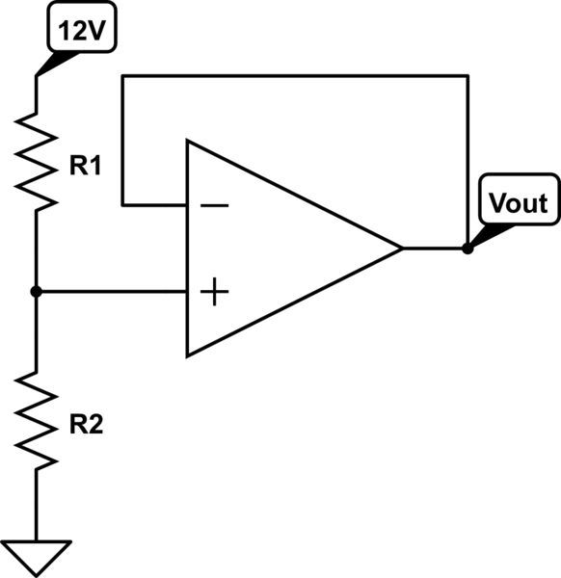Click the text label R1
pos(85,167)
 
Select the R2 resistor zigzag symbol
pos(36,420)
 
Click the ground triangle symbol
pos(36,556)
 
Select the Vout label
pos(518,203)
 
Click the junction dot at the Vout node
pos(467,249)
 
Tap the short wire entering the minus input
pos(154,205)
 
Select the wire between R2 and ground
pos(36,506)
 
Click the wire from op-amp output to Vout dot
pos(434,249)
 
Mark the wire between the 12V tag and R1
pos(36,92)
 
